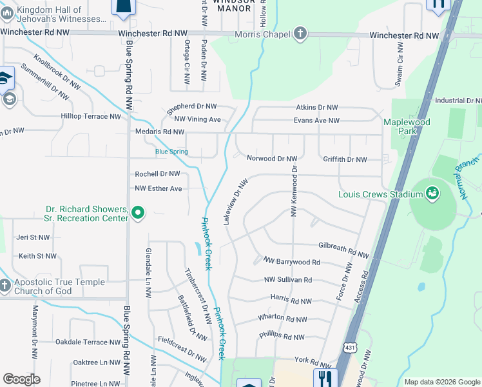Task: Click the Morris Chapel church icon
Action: (x=300, y=34)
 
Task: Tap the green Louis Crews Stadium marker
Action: (x=432, y=193)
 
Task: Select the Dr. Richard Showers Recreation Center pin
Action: (x=137, y=212)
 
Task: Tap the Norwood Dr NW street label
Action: (x=272, y=158)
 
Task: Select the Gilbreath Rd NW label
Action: (x=343, y=246)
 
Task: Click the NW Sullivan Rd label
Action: (x=288, y=280)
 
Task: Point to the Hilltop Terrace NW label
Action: (x=91, y=117)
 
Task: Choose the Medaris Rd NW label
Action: (x=160, y=132)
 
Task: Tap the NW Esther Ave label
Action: (x=159, y=188)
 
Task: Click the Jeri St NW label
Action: (x=34, y=237)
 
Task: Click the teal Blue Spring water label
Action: (x=171, y=152)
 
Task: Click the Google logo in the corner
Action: (x=21, y=379)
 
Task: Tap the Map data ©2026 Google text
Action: (x=441, y=382)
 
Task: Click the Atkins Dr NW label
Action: (x=316, y=108)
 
